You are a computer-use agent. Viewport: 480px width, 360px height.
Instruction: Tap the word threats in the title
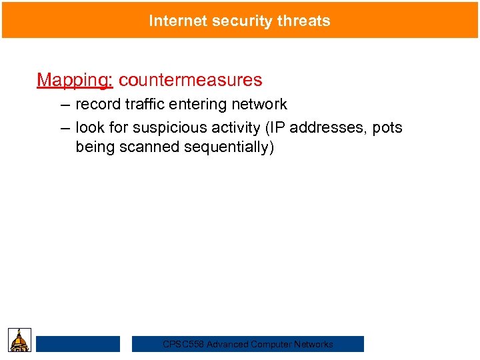click(305, 21)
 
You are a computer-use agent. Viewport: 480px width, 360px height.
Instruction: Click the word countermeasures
click(191, 81)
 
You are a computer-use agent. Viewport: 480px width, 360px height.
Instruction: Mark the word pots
click(387, 128)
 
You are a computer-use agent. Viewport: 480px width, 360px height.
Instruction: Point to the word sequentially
click(225, 147)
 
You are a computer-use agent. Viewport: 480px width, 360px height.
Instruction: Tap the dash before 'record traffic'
click(64, 105)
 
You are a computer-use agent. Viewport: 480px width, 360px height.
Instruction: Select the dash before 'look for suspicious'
click(64, 128)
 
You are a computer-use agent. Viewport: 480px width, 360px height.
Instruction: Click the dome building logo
click(20, 339)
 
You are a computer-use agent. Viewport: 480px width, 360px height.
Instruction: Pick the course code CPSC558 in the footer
click(183, 345)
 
